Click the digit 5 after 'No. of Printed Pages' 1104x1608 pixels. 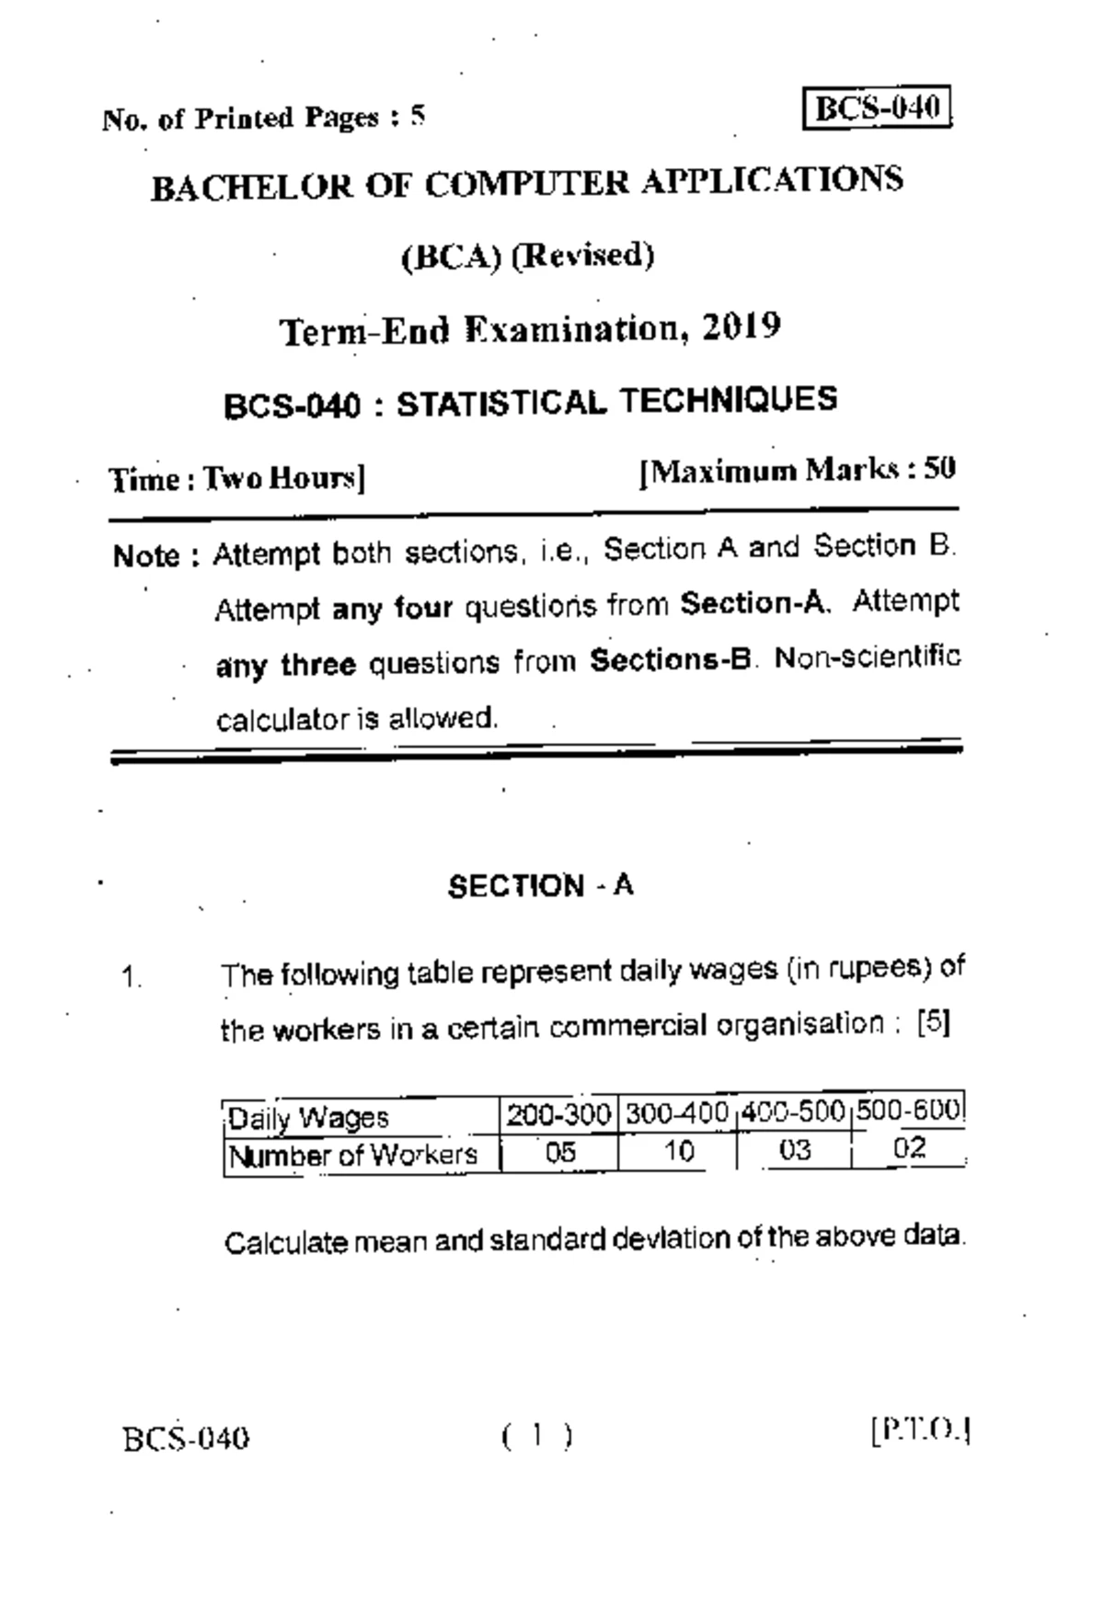(x=418, y=116)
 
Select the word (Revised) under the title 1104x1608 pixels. (x=582, y=255)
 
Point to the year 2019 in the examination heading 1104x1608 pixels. (x=742, y=326)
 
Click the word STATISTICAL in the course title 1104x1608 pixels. (x=500, y=403)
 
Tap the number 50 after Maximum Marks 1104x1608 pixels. (x=940, y=469)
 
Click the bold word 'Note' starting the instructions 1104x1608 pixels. (x=146, y=555)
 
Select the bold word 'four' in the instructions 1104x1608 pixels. (x=423, y=608)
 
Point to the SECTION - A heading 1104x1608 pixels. (x=540, y=885)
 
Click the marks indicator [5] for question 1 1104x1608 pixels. (x=934, y=1022)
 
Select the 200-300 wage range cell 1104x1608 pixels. (x=558, y=1114)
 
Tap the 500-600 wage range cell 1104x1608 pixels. (x=909, y=1111)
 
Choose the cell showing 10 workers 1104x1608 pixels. (x=678, y=1150)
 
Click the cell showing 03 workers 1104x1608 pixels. (x=794, y=1149)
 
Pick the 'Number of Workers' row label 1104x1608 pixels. (x=353, y=1155)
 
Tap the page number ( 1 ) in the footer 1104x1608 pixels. (x=537, y=1434)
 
